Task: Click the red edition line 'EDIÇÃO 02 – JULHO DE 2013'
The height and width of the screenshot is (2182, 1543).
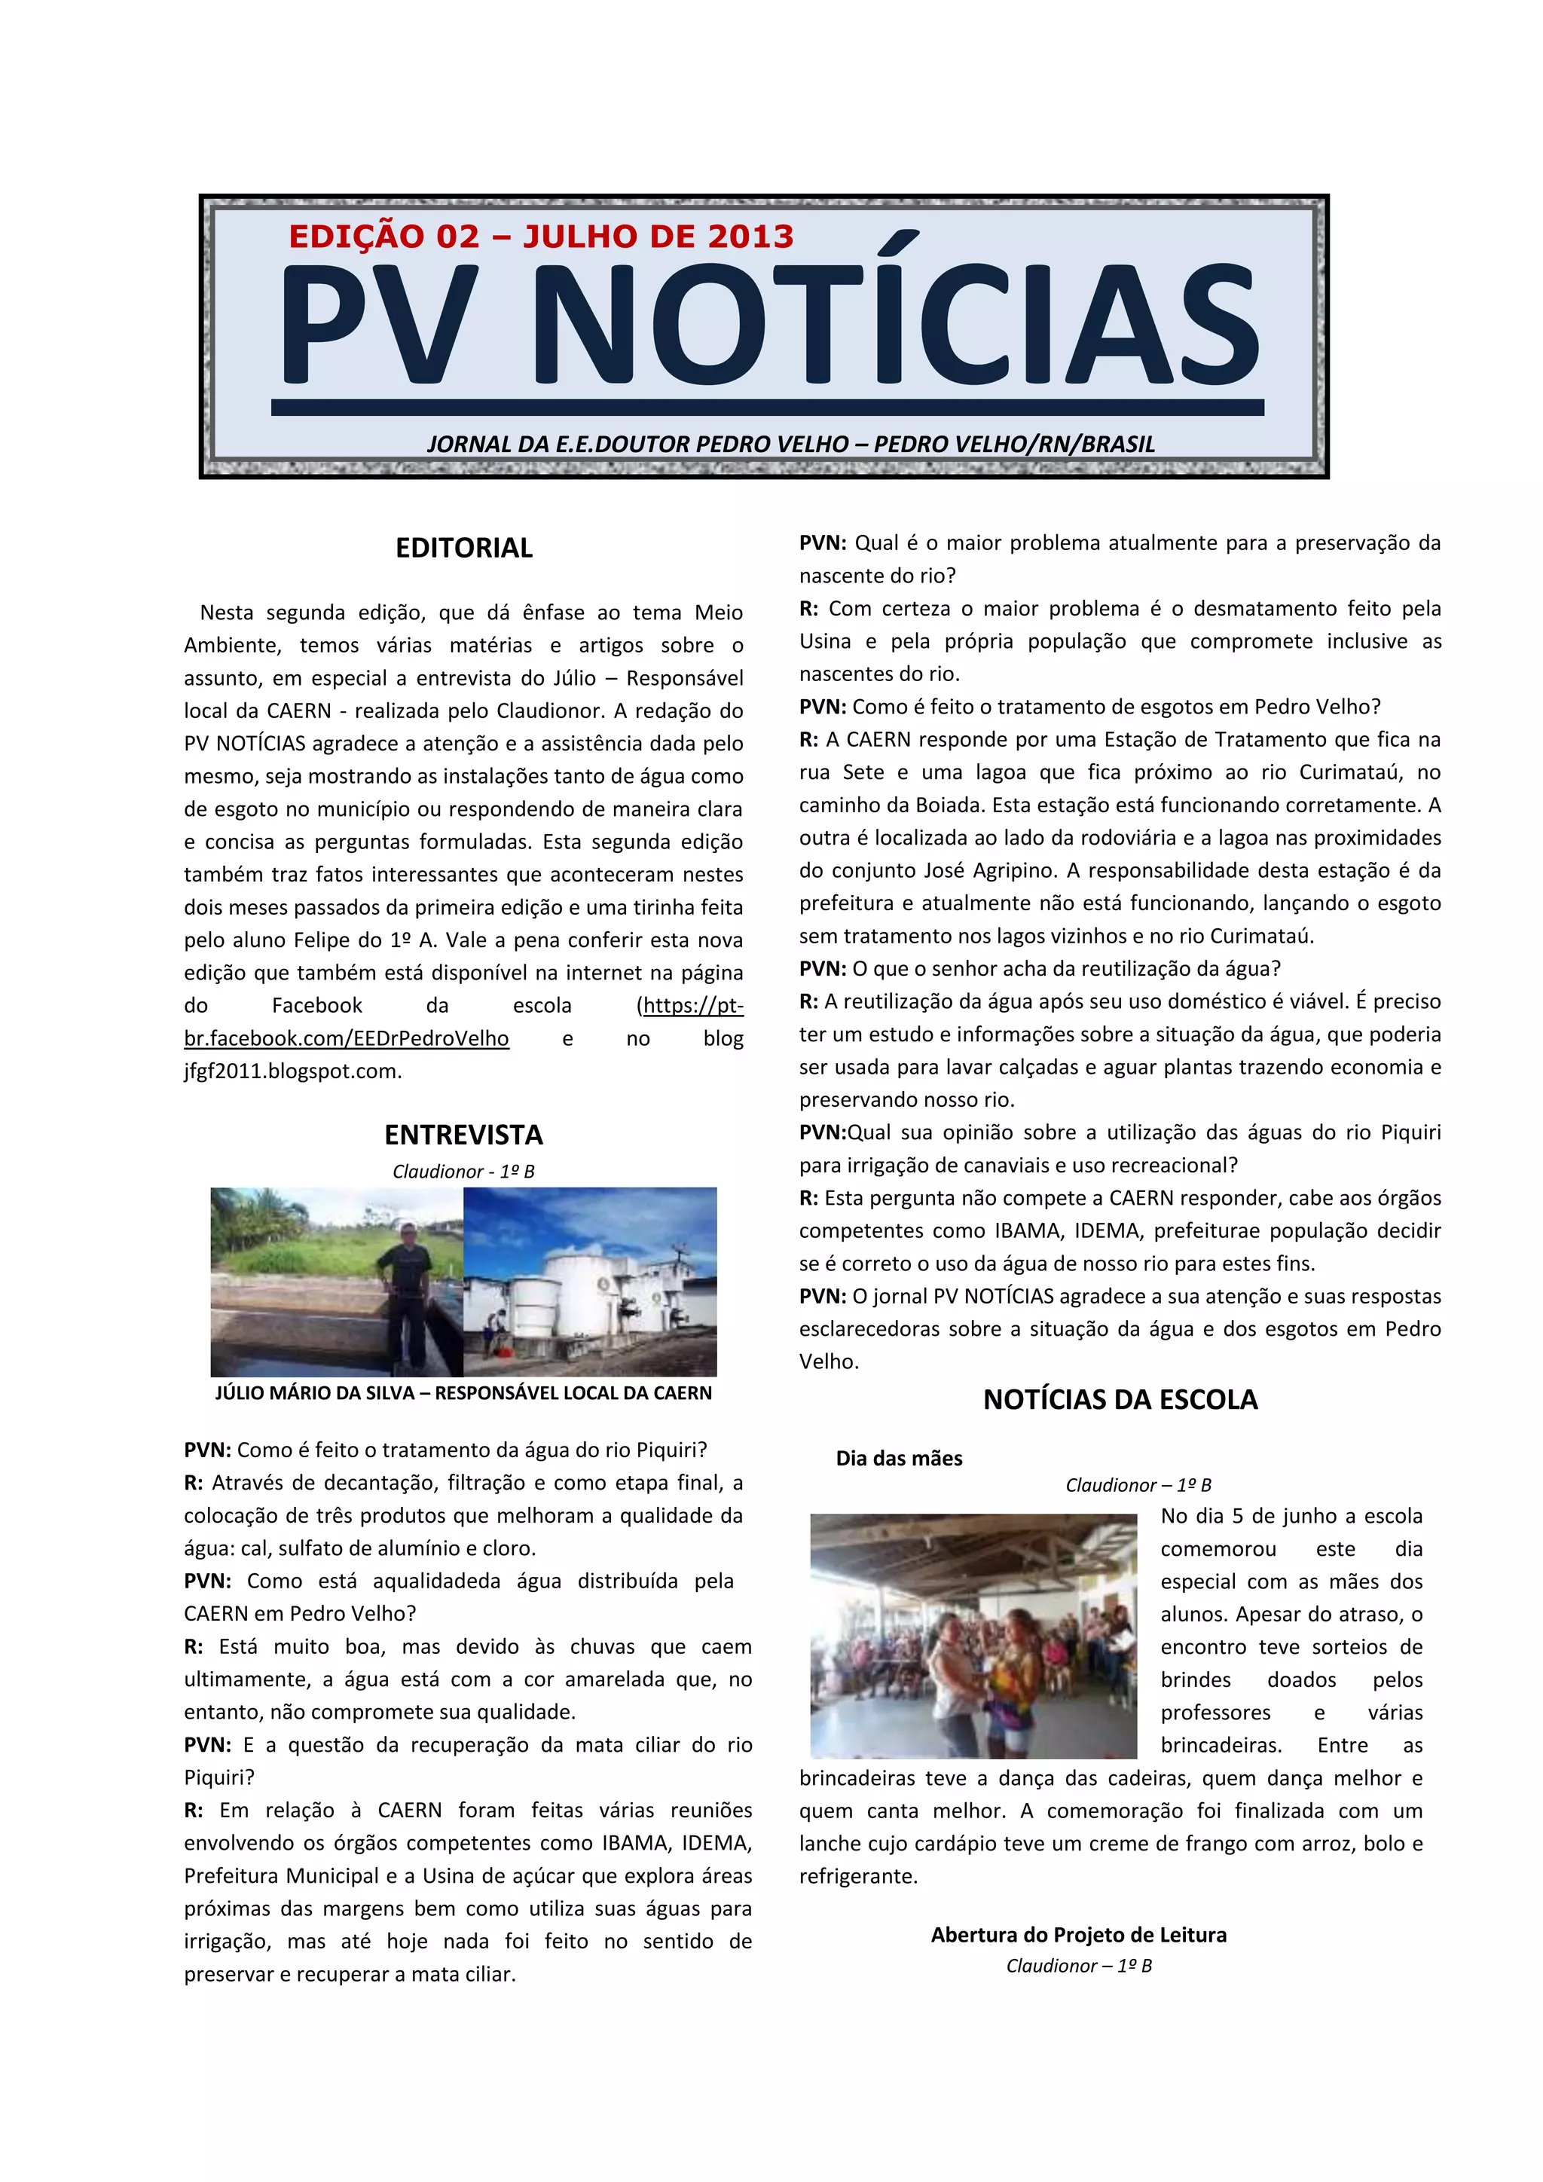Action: coord(541,236)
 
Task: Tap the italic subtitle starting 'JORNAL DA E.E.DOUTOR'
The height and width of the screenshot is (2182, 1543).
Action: coord(790,444)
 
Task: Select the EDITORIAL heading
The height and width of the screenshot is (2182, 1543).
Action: coord(463,548)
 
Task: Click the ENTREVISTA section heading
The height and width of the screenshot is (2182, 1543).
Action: coord(463,1135)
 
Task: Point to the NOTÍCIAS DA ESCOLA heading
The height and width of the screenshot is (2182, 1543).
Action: coord(1120,1399)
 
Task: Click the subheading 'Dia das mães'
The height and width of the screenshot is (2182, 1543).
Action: coord(899,1458)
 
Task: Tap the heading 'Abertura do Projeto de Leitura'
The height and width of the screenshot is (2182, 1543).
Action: coord(1078,1934)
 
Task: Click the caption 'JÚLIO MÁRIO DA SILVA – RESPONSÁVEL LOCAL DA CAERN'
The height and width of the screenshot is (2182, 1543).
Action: coord(463,1392)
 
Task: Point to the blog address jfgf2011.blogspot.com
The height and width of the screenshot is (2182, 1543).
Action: coord(292,1071)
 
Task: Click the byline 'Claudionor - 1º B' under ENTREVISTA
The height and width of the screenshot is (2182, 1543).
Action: coord(463,1171)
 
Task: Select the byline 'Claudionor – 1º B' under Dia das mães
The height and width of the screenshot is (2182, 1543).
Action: coord(1138,1484)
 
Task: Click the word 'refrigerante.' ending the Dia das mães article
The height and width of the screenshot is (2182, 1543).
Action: coord(858,1876)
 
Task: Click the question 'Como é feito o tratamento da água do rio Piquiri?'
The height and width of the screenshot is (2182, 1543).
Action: coord(472,1450)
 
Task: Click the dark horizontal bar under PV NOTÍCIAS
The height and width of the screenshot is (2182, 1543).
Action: coord(768,408)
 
